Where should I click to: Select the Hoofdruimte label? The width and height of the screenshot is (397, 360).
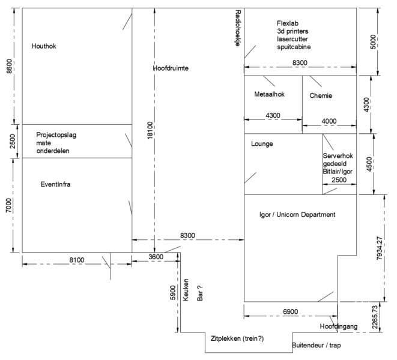[x=171, y=69]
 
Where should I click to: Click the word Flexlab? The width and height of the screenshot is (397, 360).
[x=288, y=22]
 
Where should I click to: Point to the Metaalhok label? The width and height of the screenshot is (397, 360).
[x=269, y=95]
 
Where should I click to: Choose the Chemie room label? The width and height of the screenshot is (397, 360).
[x=321, y=95]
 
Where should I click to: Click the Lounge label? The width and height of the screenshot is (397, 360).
[x=262, y=144]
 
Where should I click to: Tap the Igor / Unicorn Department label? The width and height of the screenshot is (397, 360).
[x=297, y=215]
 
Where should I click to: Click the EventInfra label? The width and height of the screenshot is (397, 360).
[x=55, y=185]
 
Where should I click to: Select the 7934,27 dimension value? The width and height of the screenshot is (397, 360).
[x=380, y=248]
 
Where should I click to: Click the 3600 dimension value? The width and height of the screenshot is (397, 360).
[x=156, y=257]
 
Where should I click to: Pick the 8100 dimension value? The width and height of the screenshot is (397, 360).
[x=76, y=260]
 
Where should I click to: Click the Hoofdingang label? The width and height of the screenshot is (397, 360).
[x=339, y=326]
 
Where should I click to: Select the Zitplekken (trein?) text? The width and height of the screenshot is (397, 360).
[x=237, y=339]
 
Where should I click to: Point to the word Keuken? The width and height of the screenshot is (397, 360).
[x=187, y=290]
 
